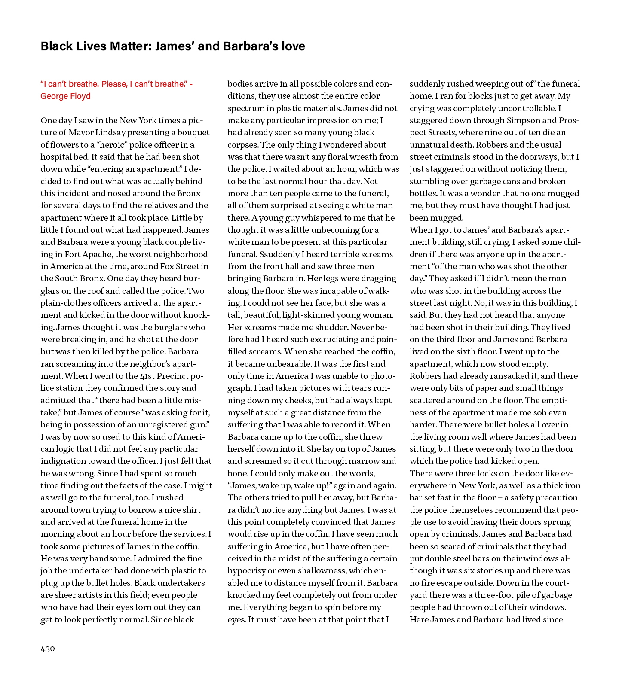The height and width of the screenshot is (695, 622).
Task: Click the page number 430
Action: coord(48,649)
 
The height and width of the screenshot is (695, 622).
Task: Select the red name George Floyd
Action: coord(65,96)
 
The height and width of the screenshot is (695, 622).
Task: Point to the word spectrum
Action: coord(247,109)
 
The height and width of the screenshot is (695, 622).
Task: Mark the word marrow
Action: coord(362,461)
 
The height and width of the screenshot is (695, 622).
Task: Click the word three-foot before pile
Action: coord(496,595)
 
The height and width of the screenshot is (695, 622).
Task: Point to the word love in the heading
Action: coord(293,46)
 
